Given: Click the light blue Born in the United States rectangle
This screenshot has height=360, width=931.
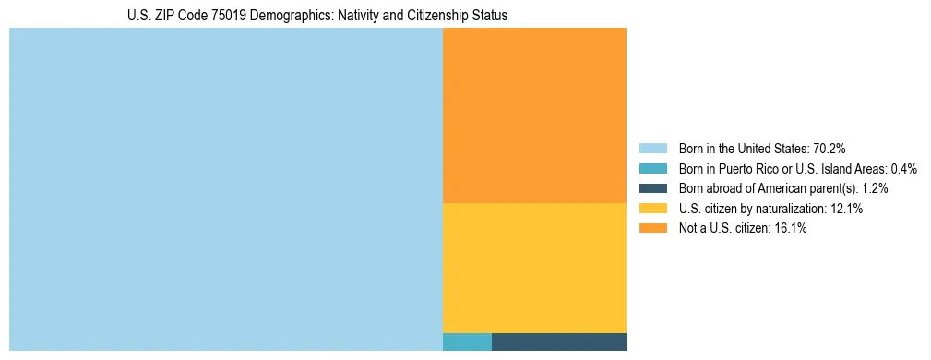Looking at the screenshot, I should coord(226,189).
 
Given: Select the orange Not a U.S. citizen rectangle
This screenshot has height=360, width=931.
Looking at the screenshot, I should coord(534,115).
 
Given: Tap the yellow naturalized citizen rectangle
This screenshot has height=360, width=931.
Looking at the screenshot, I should coord(534,268).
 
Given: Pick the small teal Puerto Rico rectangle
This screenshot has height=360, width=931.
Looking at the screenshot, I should coord(467,342).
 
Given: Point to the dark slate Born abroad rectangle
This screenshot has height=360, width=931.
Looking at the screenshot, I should coord(558,342).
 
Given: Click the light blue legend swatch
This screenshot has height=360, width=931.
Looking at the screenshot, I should coord(652,149).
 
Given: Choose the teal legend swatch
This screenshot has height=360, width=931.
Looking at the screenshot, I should coord(652,169).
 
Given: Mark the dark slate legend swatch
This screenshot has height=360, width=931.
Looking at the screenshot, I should coord(652,188).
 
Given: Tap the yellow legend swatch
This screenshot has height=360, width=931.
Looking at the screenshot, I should coord(652,209).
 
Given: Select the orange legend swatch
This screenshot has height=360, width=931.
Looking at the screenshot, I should coord(652,229).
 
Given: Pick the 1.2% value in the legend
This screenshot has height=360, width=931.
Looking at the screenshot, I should coord(876,188).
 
